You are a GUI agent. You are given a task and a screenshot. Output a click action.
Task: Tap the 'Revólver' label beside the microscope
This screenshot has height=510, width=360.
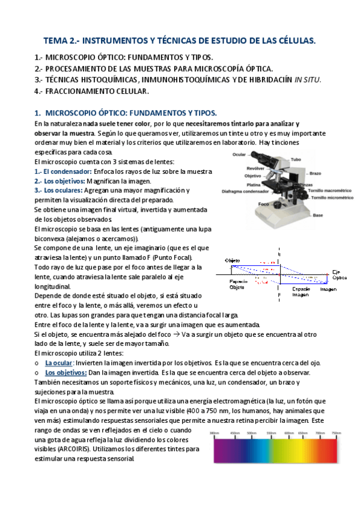click(237, 169)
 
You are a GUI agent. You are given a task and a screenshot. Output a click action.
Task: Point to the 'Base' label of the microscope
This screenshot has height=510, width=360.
click(318, 215)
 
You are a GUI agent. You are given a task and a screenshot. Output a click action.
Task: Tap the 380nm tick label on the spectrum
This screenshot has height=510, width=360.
click(215, 432)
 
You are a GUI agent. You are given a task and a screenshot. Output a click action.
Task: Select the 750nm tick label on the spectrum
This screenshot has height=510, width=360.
click(336, 432)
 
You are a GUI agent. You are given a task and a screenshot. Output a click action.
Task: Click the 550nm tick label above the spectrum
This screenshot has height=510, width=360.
click(270, 432)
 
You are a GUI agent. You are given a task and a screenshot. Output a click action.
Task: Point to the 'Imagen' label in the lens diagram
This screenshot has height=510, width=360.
click(328, 289)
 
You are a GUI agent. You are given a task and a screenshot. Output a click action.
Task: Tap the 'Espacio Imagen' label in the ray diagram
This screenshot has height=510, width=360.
click(301, 292)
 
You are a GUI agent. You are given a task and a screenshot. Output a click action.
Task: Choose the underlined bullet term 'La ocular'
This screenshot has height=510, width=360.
click(59, 363)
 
